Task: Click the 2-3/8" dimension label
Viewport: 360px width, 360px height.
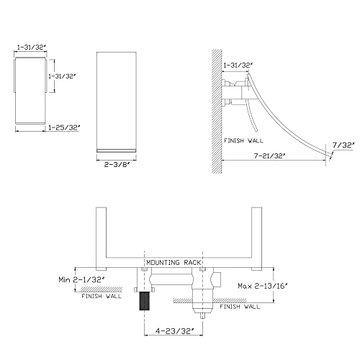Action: pyautogui.click(x=117, y=165)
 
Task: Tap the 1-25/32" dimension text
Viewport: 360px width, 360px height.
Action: pyautogui.click(x=64, y=127)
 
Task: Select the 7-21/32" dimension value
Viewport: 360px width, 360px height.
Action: pyautogui.click(x=270, y=156)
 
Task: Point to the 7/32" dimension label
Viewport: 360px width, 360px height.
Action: pyautogui.click(x=343, y=145)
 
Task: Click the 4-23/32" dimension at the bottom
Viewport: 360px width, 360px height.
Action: pyautogui.click(x=174, y=331)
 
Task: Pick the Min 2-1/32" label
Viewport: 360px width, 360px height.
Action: pyautogui.click(x=81, y=279)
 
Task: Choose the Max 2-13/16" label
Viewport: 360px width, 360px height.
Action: pyautogui.click(x=263, y=286)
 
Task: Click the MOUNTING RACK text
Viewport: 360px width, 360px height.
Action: pyautogui.click(x=174, y=263)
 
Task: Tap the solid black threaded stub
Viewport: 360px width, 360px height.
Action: pyautogui.click(x=145, y=301)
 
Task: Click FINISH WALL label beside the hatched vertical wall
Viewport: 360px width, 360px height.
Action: pyautogui.click(x=243, y=140)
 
